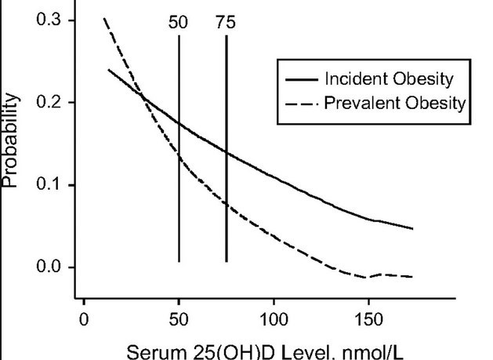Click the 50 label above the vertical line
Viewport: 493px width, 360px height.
click(x=179, y=22)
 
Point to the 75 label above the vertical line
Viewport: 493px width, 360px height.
click(x=226, y=22)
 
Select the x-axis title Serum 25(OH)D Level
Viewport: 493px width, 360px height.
click(x=246, y=350)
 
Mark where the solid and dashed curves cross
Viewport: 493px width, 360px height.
click(x=143, y=96)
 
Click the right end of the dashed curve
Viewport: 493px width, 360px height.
click(x=411, y=276)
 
